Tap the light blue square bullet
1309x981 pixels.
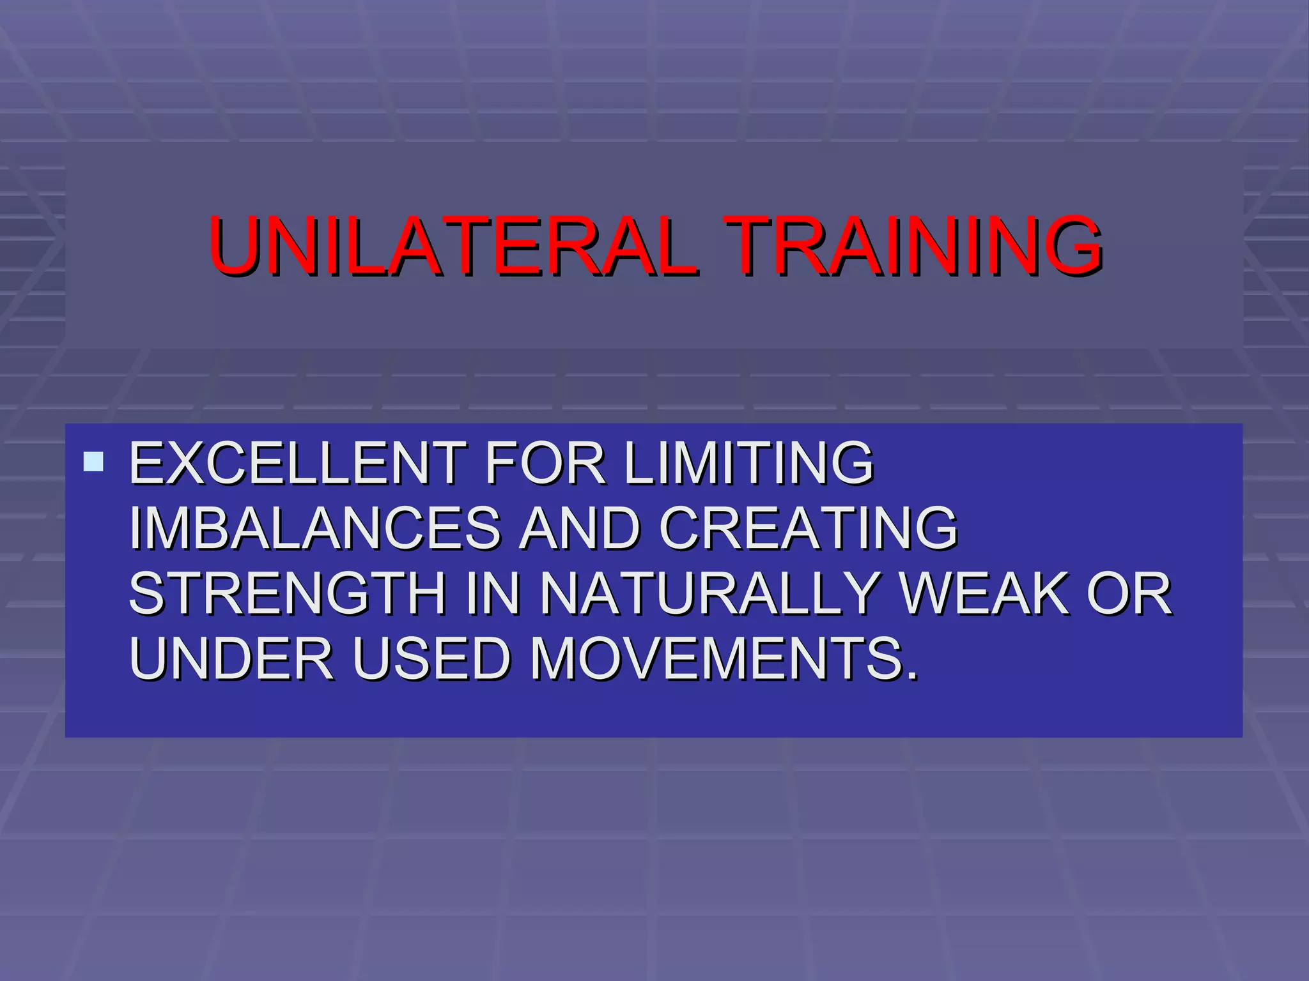point(93,462)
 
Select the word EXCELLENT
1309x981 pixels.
point(298,462)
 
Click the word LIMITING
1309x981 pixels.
point(748,462)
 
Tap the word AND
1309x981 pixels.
point(579,528)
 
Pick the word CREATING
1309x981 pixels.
point(808,528)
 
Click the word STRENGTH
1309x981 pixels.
point(288,594)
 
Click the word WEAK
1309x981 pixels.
point(984,594)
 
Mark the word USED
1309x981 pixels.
point(431,659)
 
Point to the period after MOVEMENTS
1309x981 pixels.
point(912,676)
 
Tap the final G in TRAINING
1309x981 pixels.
point(1070,247)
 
